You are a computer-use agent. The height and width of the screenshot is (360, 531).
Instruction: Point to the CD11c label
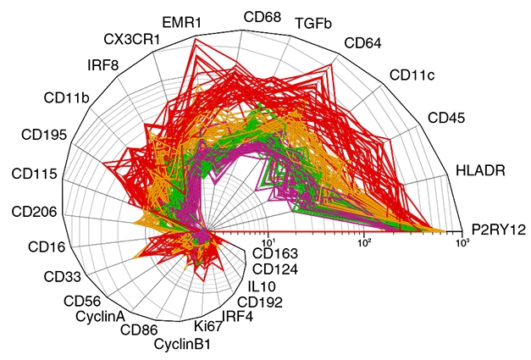point(412,75)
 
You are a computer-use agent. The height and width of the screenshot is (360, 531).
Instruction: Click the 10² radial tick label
point(365,242)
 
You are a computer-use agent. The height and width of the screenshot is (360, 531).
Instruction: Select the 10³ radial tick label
point(462,242)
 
